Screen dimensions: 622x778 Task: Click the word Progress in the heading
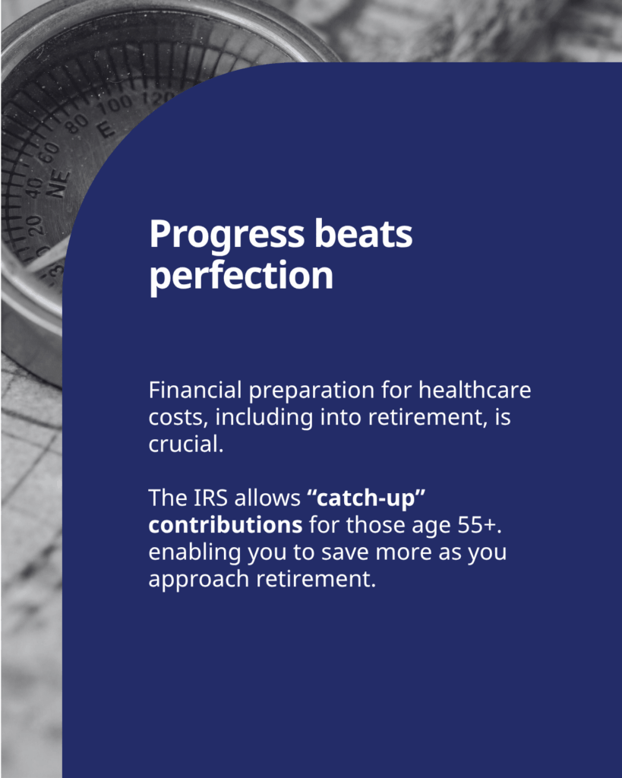[226, 235]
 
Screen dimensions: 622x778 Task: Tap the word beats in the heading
[364, 233]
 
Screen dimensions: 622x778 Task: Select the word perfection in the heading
[241, 276]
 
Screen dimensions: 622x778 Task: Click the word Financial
[195, 390]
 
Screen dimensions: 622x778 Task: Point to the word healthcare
[475, 390]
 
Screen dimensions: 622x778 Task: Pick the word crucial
[186, 444]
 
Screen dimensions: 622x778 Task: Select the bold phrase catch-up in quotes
[367, 498]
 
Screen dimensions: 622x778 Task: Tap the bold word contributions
[226, 524]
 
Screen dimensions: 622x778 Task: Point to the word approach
[199, 580]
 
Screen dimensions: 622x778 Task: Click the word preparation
[311, 391]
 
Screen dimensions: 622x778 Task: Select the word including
[264, 417]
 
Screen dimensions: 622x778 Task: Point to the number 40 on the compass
[33, 188]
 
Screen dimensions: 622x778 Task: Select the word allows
[267, 498]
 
